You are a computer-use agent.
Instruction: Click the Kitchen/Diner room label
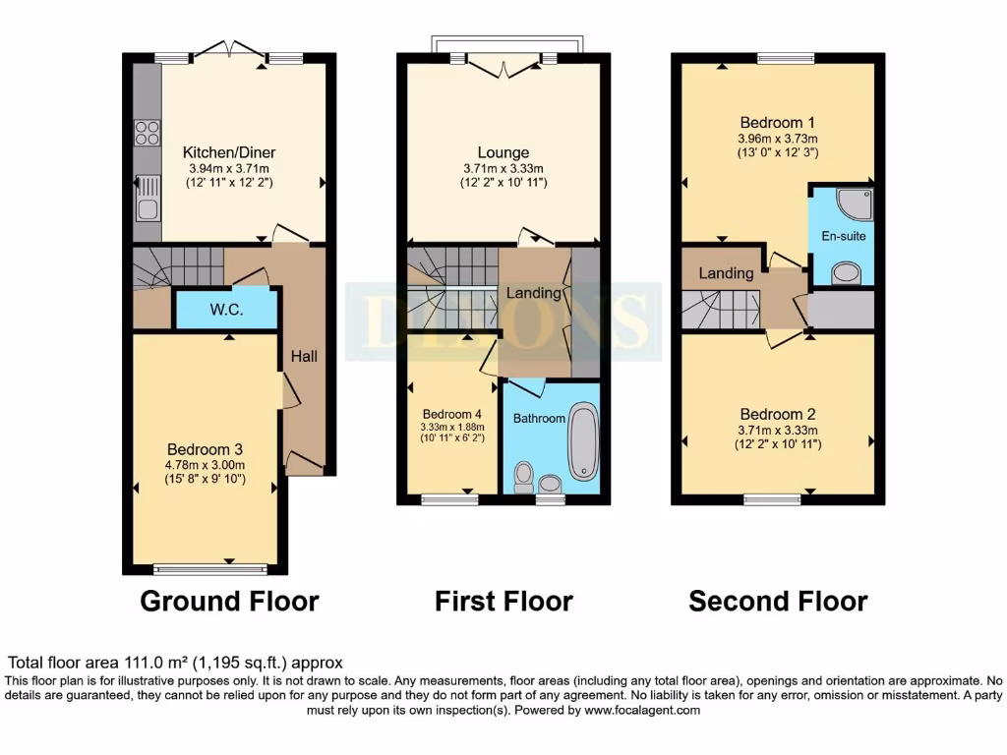[x=229, y=152]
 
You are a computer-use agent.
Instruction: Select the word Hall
[x=303, y=355]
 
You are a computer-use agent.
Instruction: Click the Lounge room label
[x=503, y=152]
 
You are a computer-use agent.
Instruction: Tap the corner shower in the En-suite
[x=846, y=204]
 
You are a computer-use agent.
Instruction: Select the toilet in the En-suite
[x=845, y=272]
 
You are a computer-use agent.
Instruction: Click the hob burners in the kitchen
[x=147, y=132]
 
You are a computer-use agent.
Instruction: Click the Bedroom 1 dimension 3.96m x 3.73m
[x=778, y=138]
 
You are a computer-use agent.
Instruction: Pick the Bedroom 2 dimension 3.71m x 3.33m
[x=778, y=430]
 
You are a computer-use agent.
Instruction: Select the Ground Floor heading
[x=229, y=601]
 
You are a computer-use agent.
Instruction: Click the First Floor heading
[x=503, y=601]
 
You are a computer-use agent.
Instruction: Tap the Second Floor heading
[x=778, y=601]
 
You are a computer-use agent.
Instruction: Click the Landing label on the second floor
[x=726, y=273]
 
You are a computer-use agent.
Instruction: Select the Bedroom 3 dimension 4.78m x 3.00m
[x=205, y=464]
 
